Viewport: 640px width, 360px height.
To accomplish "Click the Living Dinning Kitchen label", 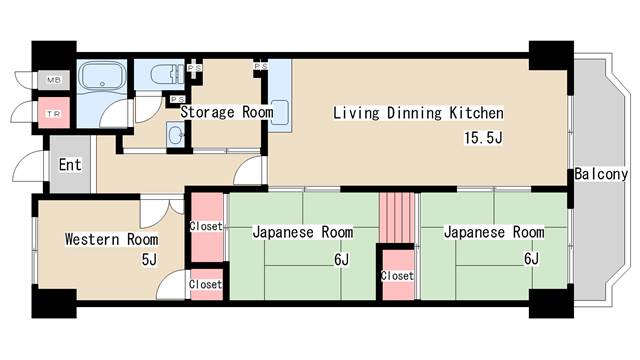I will [x=418, y=113].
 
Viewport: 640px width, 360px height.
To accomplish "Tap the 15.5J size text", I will [x=481, y=138].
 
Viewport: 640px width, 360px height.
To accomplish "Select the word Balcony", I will [x=600, y=175].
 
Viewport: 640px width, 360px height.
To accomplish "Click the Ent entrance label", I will [x=70, y=165].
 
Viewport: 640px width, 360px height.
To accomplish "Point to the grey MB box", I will [x=52, y=79].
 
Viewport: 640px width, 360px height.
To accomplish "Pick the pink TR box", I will [x=52, y=113].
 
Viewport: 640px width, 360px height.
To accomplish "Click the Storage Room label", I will [x=226, y=112].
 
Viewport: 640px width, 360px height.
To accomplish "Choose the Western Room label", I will [x=111, y=239].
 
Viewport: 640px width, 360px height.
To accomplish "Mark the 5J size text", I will [x=149, y=260].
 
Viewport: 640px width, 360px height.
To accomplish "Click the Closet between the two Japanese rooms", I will [x=396, y=274].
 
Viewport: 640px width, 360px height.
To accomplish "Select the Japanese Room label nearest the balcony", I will [x=494, y=232].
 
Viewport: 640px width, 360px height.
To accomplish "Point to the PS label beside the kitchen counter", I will [x=260, y=67].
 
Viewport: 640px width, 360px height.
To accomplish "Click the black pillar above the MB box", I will [x=54, y=53].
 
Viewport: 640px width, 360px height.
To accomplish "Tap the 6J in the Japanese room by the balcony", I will [x=531, y=260].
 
